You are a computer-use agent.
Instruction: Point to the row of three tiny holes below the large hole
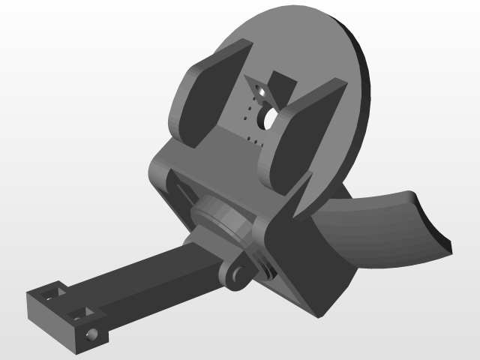(253, 140)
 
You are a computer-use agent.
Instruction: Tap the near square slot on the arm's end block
(79, 311)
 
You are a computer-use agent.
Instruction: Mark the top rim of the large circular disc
(300, 10)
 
